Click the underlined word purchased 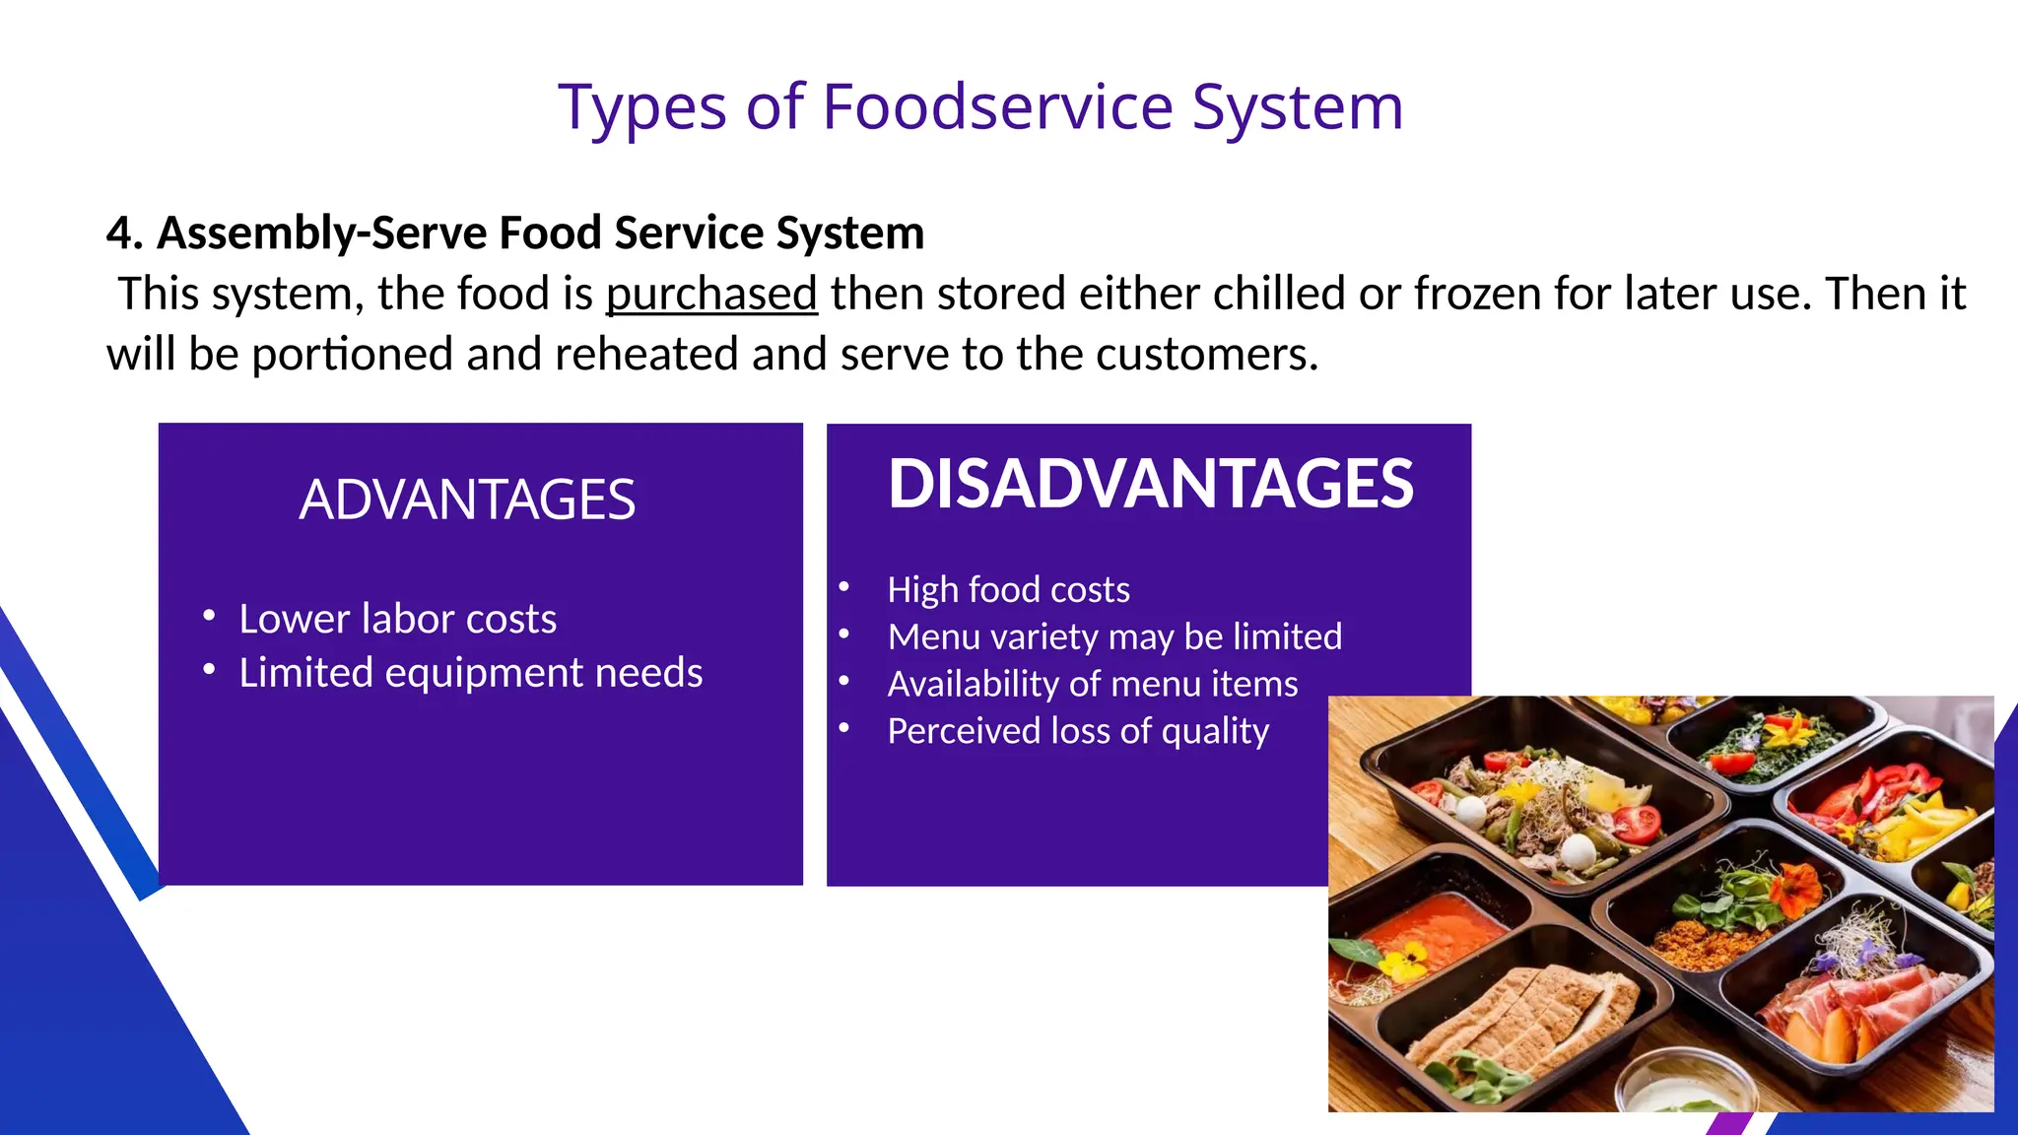click(711, 294)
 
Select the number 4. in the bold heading click(124, 234)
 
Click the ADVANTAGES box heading click(467, 500)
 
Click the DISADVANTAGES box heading click(1150, 484)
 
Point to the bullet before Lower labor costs click(209, 617)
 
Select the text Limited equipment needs click(470, 673)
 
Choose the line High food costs click(1008, 589)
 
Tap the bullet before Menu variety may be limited click(844, 635)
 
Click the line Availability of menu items click(1092, 684)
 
